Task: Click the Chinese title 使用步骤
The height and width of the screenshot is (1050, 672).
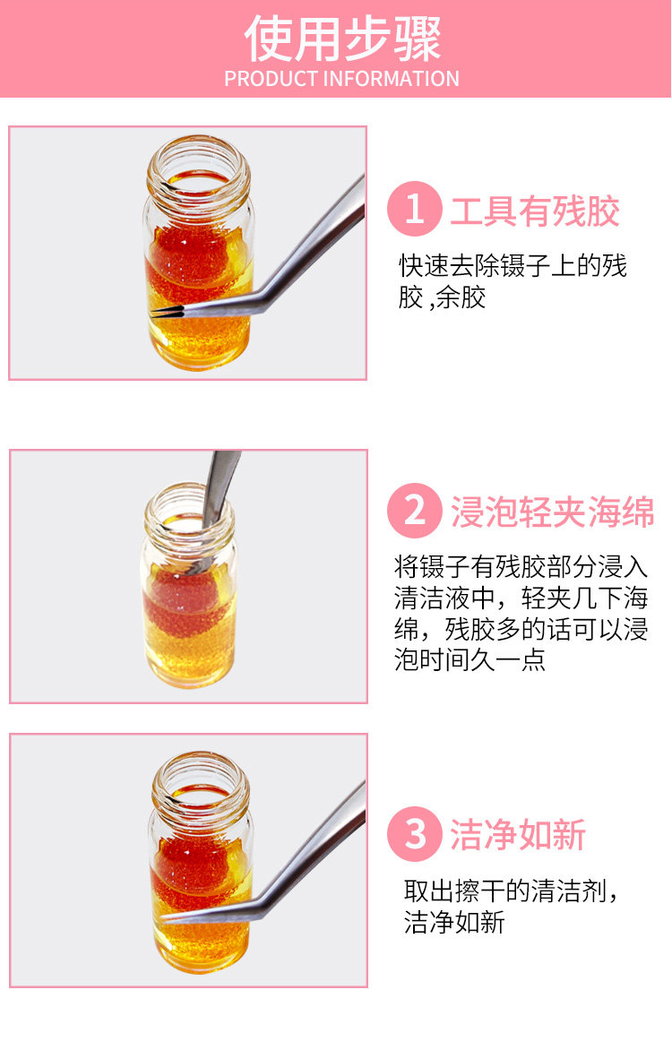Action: click(x=342, y=39)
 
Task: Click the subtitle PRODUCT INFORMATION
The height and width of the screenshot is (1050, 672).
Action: click(x=341, y=79)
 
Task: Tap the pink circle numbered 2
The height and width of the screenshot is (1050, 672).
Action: click(x=415, y=511)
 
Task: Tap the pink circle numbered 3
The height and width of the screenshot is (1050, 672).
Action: click(x=415, y=834)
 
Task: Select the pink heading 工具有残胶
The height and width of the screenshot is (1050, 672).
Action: click(x=535, y=211)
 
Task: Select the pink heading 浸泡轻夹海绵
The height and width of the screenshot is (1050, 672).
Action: click(x=552, y=512)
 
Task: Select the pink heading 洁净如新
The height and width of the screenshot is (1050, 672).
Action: click(x=518, y=835)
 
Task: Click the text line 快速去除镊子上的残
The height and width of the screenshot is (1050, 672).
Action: click(x=513, y=266)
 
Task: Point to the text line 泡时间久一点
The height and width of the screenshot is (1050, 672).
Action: click(x=470, y=660)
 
